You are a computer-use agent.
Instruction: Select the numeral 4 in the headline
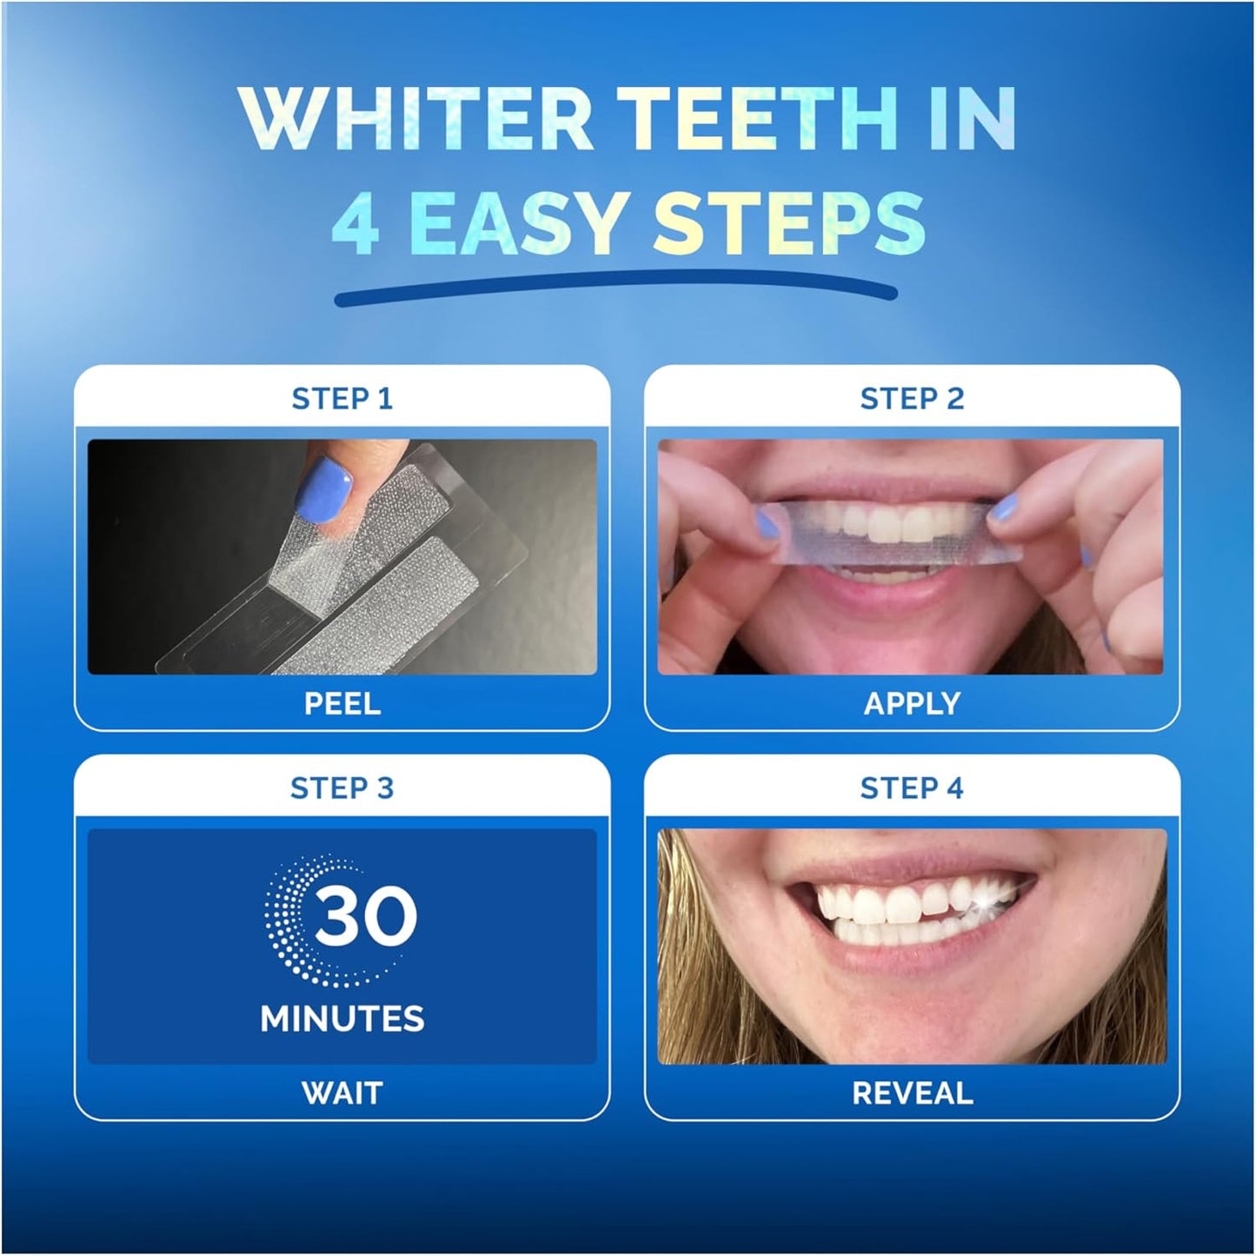pos(356,223)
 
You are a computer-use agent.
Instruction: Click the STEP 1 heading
pos(342,399)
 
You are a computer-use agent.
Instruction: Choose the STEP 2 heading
pos(912,399)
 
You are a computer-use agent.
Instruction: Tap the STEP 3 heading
pos(342,788)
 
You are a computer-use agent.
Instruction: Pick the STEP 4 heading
pos(912,788)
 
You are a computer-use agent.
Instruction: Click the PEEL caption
pos(342,704)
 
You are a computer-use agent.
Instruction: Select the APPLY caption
pos(912,704)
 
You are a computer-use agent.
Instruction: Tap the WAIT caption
pos(342,1093)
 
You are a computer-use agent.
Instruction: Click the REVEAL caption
pos(912,1093)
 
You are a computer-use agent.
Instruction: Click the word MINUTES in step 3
pos(342,1019)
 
